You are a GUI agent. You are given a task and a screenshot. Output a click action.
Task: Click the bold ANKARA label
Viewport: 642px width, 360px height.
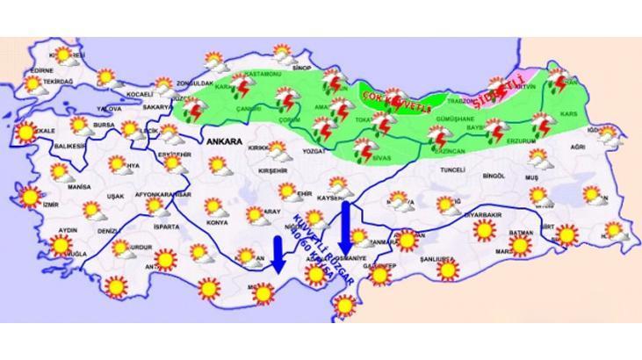pyautogui.click(x=225, y=140)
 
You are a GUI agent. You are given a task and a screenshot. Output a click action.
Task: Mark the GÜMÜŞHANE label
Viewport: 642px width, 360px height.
pyautogui.click(x=457, y=118)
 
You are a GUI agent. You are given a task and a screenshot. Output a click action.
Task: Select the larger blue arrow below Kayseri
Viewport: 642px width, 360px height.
pyautogui.click(x=345, y=223)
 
